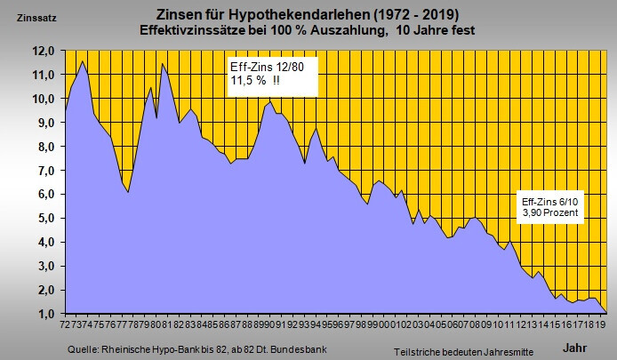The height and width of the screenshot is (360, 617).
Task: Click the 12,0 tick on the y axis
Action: pyautogui.click(x=44, y=51)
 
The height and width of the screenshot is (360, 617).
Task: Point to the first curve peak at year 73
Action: pyautogui.click(x=83, y=61)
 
